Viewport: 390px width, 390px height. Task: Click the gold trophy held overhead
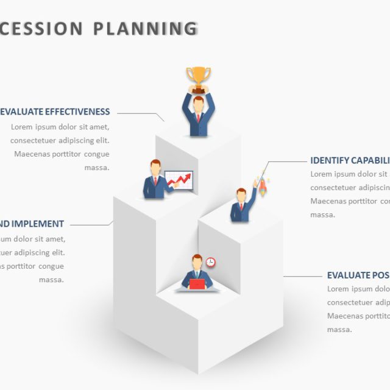point(198,78)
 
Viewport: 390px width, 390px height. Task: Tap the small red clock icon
point(211,262)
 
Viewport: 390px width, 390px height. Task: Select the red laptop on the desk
point(197,284)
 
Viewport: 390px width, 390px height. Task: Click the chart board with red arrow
point(179,181)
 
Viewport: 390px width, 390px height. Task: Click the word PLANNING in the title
point(146,29)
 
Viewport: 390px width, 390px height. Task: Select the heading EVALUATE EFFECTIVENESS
point(55,112)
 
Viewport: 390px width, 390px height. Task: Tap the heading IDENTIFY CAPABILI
point(350,161)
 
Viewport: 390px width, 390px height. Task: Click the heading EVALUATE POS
point(358,275)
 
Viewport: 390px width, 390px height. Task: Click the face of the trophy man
point(198,105)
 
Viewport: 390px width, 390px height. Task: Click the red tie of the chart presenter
point(155,181)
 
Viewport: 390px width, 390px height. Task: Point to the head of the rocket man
point(241,196)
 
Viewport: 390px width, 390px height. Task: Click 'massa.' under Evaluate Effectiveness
point(97,168)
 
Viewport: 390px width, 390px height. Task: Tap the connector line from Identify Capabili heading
point(286,162)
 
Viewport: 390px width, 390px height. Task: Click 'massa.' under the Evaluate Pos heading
point(339,329)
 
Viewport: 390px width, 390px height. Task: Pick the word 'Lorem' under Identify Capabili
point(322,174)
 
